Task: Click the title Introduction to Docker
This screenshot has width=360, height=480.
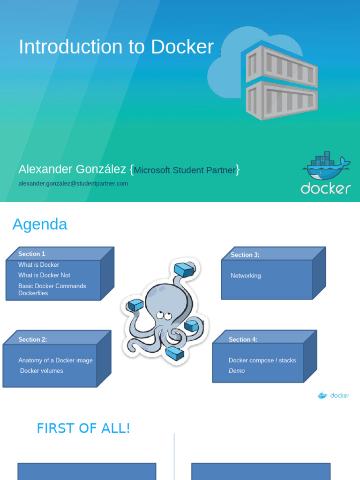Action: tap(116, 47)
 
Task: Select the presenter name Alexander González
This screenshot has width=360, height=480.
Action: tap(72, 169)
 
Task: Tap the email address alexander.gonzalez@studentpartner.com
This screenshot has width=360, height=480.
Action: tap(73, 184)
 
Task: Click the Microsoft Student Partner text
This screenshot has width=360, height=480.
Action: tap(185, 170)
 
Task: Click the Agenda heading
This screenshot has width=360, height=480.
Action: tap(40, 225)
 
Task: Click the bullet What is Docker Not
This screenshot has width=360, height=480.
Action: tap(44, 275)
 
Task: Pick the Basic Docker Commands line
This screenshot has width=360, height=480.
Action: tap(52, 286)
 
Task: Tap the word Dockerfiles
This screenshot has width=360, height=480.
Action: tap(33, 293)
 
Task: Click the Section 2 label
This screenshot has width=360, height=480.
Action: tap(32, 339)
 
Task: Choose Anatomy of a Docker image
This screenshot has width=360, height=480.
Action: tap(55, 360)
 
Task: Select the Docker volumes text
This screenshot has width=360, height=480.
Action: tap(41, 371)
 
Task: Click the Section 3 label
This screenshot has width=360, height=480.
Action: tap(245, 255)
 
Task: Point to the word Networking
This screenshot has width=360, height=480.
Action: tap(246, 276)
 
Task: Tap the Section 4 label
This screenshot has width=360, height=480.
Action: tap(243, 339)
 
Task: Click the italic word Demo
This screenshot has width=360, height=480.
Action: tap(237, 371)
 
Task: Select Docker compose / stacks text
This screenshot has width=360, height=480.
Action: tap(262, 360)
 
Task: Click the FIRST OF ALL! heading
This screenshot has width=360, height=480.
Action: tap(83, 428)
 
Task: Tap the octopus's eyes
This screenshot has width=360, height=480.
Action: tap(164, 315)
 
